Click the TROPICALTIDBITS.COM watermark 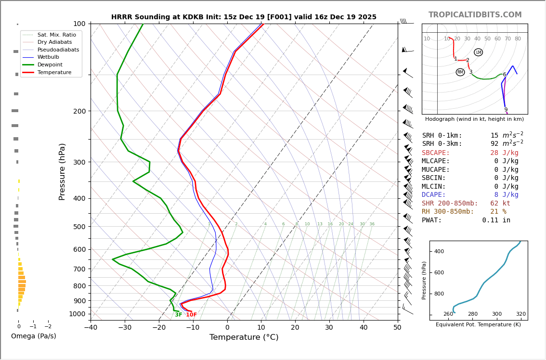pos(475,15)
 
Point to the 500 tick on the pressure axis pos(79,227)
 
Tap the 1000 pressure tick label pos(77,314)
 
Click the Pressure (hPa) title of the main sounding pos(63,171)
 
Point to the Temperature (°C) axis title pos(244,337)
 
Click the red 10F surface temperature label pos(191,315)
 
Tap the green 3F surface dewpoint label pos(179,315)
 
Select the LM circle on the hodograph pos(478,52)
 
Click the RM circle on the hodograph pos(460,72)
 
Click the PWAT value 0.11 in pos(496,220)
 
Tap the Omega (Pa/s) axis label pos(34,336)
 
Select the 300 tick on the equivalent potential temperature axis pos(496,314)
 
